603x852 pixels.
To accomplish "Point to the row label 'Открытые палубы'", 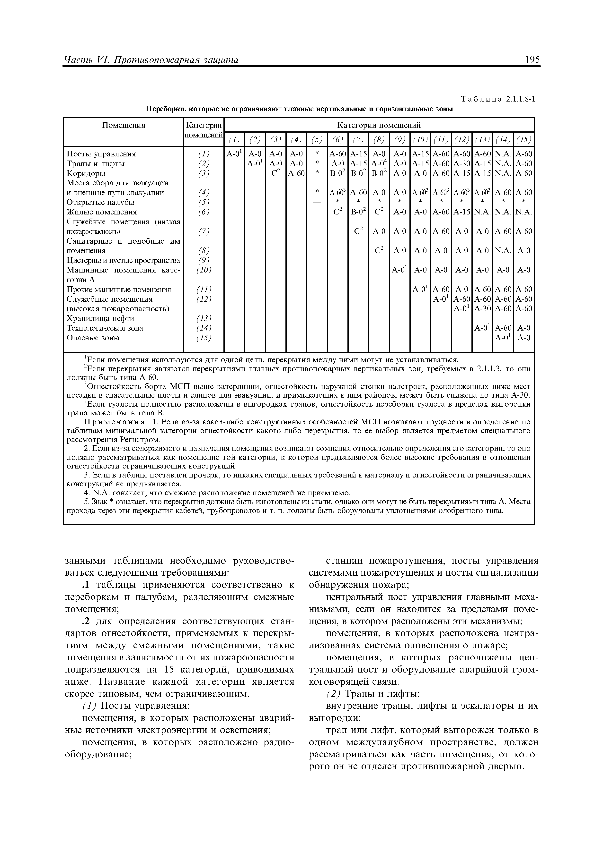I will point(100,202).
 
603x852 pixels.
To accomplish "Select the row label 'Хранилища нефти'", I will point(100,318).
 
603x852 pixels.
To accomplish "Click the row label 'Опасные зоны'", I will point(93,338).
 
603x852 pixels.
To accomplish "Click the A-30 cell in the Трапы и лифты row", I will point(461,164).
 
